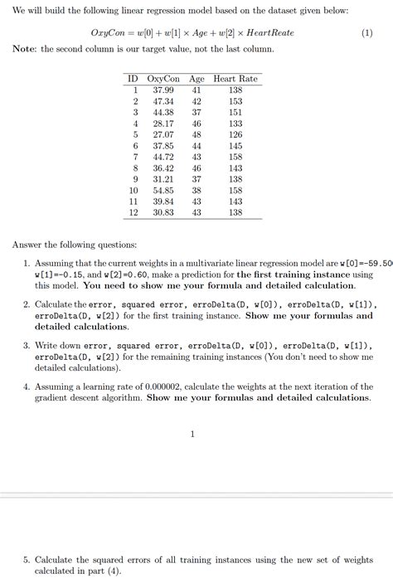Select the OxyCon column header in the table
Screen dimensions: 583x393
click(x=163, y=79)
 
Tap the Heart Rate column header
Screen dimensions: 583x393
click(x=235, y=79)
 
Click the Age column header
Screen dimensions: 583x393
click(x=196, y=79)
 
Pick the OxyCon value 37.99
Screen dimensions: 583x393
click(x=163, y=90)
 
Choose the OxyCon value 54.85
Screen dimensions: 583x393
click(x=163, y=190)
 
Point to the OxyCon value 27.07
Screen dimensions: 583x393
click(x=163, y=134)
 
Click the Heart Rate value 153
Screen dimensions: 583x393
click(x=235, y=101)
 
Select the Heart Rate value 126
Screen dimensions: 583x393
click(x=235, y=134)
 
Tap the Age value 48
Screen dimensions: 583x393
click(x=196, y=134)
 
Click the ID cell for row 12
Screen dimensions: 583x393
click(x=133, y=212)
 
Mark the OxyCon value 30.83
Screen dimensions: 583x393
click(x=163, y=212)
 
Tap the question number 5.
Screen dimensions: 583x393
click(x=27, y=560)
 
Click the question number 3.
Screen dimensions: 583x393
click(x=27, y=345)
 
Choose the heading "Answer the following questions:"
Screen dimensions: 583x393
click(x=75, y=244)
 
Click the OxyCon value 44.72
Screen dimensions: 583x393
click(x=163, y=157)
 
